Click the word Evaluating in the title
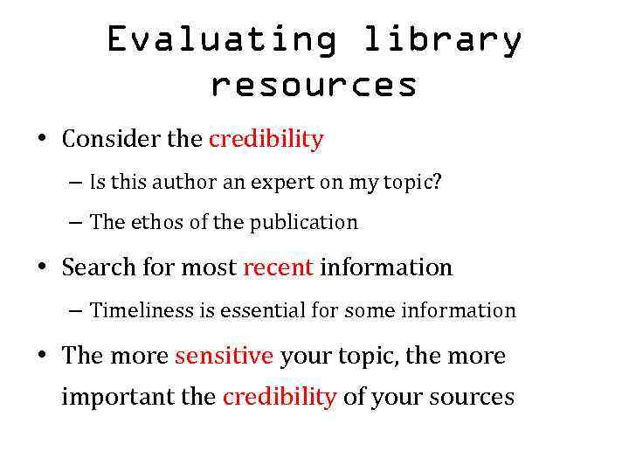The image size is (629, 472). click(x=222, y=40)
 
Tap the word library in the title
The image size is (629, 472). click(x=441, y=40)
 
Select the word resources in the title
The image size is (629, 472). click(x=314, y=85)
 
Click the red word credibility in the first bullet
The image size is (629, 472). click(x=266, y=139)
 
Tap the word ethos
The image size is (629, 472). click(x=158, y=223)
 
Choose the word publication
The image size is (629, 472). click(x=304, y=223)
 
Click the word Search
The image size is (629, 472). click(x=93, y=267)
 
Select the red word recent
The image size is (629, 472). click(x=278, y=267)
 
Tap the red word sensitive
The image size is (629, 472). click(x=225, y=356)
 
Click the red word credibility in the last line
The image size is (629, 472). click(x=280, y=397)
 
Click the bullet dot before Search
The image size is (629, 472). click(x=42, y=268)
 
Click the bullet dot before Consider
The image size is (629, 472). click(x=42, y=140)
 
